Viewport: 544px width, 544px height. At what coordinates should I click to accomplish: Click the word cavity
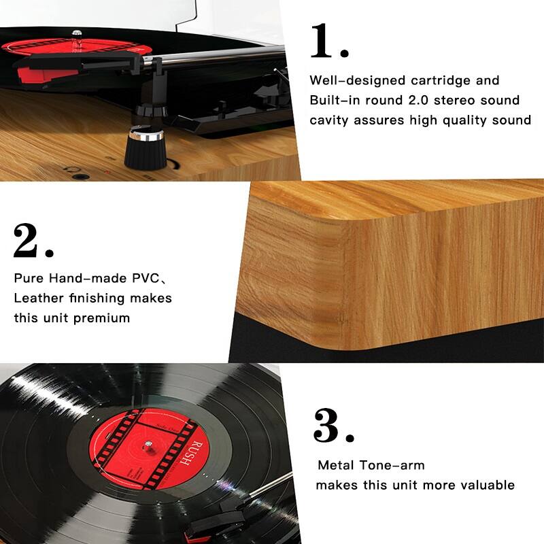click(x=331, y=120)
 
